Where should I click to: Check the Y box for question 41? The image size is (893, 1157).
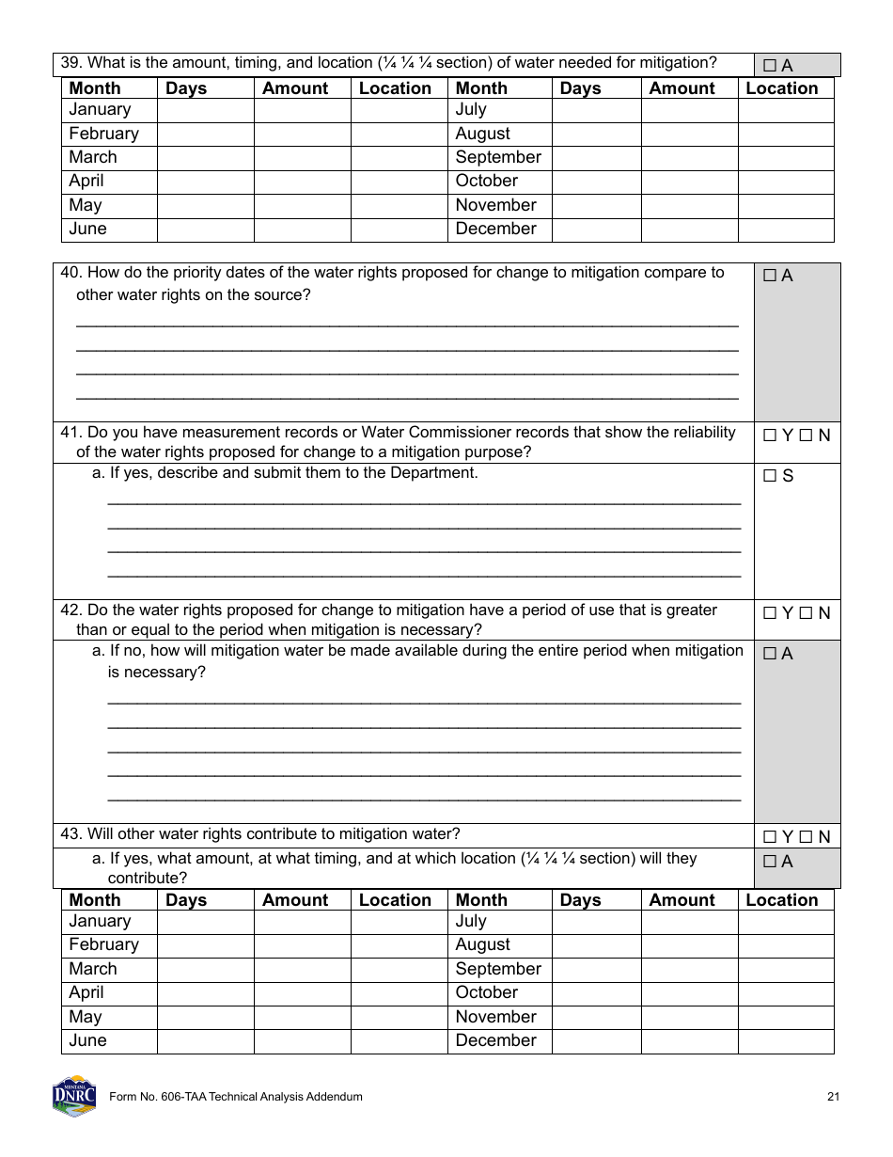[770, 436]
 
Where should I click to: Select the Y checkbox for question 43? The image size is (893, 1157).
[770, 836]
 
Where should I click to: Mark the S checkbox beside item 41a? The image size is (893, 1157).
[770, 476]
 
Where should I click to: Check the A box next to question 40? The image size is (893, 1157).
[770, 276]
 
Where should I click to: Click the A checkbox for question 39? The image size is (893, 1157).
[770, 66]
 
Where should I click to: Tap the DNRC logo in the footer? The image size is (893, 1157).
[74, 1096]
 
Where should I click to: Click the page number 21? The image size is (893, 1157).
[833, 1097]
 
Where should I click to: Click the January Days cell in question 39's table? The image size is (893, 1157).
[205, 111]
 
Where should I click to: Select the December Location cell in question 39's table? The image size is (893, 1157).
[785, 230]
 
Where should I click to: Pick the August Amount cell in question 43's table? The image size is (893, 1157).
[689, 945]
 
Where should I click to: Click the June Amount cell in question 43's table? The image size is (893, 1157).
[302, 1041]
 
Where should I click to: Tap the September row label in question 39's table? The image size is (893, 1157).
[498, 158]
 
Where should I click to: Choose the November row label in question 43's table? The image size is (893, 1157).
[495, 1017]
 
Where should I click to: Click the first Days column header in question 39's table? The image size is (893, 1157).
[186, 88]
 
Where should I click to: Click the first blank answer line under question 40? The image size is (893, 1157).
[406, 324]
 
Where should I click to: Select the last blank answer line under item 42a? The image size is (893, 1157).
[424, 798]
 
